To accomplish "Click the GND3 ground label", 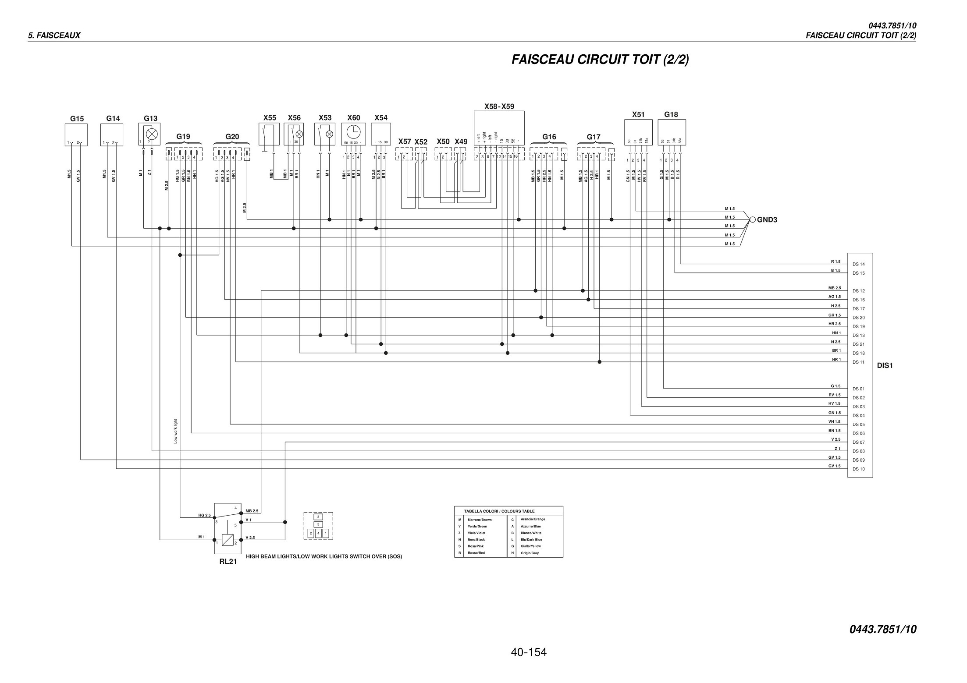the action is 767,220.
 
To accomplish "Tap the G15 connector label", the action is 77,119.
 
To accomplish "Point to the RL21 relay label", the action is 228,562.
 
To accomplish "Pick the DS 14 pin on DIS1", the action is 858,265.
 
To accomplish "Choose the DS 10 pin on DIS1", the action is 858,469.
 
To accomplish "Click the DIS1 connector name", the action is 885,366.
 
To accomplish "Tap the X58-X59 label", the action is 499,106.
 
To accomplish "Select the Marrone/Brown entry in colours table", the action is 480,520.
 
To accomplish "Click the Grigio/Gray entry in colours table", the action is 530,553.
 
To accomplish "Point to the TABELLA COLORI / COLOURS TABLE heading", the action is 499,511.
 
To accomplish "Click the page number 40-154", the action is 529,653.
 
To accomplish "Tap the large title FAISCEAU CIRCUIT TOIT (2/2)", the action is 600,60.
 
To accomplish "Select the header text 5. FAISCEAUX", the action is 54,35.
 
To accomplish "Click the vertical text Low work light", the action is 176,431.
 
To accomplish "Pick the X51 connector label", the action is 638,115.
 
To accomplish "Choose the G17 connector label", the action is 594,137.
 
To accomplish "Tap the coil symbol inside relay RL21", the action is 228,540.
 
